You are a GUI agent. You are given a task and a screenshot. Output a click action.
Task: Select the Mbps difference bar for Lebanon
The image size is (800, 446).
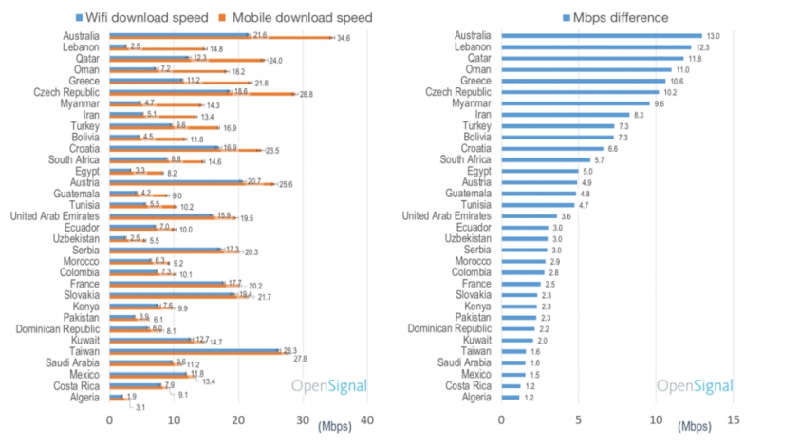tap(595, 46)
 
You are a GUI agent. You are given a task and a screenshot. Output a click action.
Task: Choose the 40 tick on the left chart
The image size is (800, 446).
tap(368, 420)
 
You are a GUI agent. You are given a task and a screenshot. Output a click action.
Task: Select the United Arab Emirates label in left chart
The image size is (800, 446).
tap(53, 216)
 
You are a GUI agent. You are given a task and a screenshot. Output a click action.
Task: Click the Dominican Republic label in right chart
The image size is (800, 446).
tap(449, 329)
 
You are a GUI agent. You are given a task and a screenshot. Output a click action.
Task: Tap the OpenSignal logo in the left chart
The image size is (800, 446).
tap(328, 386)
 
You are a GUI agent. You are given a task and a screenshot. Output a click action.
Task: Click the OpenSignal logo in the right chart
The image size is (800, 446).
tap(695, 386)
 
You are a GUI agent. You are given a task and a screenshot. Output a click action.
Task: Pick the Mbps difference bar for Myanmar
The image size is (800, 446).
tap(575, 103)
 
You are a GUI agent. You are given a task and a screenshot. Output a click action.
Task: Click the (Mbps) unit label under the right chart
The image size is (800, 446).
tap(696, 425)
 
